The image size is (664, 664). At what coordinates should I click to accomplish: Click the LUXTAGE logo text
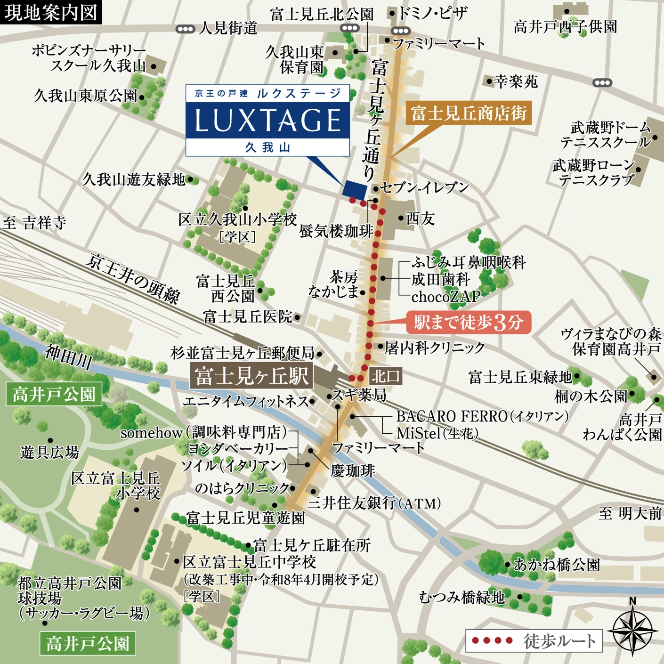[x=267, y=121]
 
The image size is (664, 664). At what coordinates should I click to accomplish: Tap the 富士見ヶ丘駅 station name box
[x=251, y=376]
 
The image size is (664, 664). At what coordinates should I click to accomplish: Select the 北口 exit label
[x=386, y=376]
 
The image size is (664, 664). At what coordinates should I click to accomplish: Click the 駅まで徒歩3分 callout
[x=469, y=323]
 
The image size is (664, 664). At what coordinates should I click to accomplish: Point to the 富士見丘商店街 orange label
[x=469, y=113]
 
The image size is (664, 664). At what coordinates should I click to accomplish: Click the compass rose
[x=632, y=629]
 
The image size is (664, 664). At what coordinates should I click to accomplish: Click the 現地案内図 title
[x=50, y=12]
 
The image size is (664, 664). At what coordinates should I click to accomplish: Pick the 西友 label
[x=420, y=219]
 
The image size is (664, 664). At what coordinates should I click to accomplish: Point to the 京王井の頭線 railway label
[x=133, y=278]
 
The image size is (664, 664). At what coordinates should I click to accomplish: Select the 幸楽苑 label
[x=516, y=82]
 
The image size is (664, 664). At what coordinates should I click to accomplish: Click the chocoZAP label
[x=445, y=296]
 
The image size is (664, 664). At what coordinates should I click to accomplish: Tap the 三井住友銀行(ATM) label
[x=374, y=503]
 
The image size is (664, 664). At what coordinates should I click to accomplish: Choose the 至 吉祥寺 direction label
[x=34, y=222]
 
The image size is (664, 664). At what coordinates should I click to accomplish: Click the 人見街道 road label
[x=228, y=28]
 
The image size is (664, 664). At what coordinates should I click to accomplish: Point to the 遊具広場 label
[x=49, y=452]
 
